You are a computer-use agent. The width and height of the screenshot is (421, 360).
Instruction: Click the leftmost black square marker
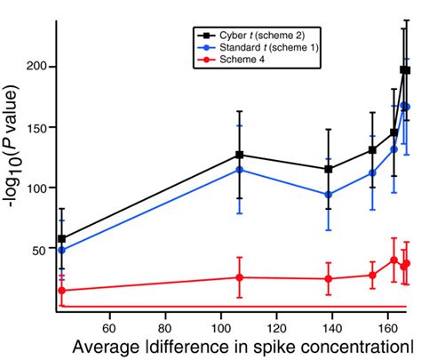coord(61,239)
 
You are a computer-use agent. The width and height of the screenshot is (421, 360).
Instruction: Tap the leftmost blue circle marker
coord(61,251)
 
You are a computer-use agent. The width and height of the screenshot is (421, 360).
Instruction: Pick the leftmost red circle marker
coord(61,291)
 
